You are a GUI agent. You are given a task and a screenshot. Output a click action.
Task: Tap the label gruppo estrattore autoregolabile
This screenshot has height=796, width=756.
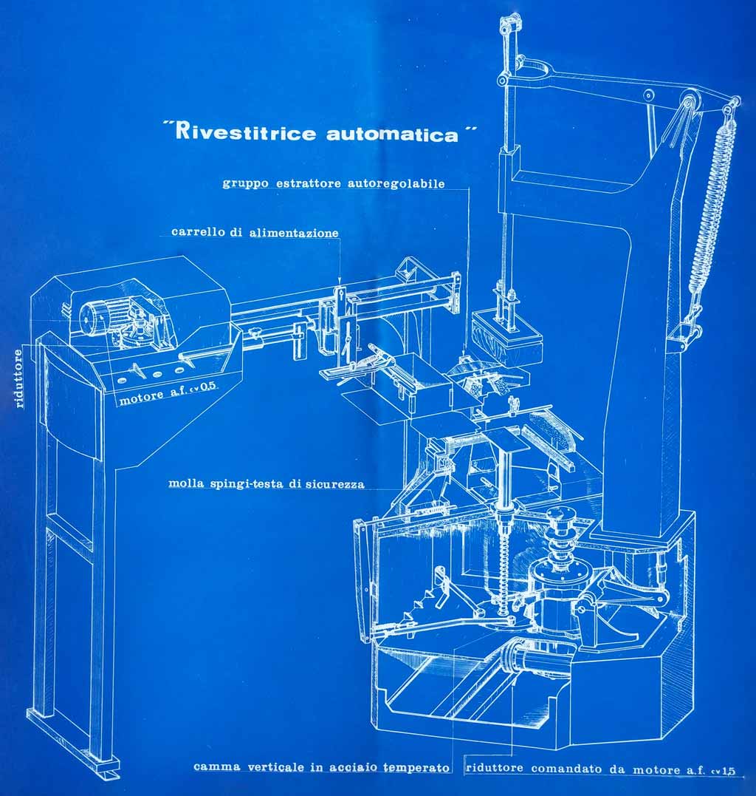click(x=334, y=183)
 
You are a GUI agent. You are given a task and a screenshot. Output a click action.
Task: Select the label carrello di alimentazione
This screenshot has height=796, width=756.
click(x=255, y=232)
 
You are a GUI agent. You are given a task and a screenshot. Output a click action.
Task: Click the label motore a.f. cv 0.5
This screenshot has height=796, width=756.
click(x=169, y=401)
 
